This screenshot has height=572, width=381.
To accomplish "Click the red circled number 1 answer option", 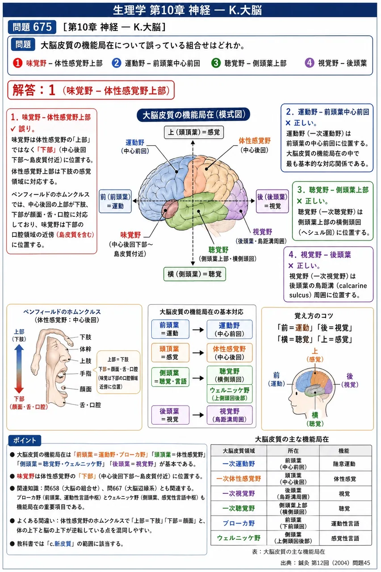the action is coord(17,63).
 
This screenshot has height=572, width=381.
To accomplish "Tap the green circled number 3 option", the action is coord(216,63).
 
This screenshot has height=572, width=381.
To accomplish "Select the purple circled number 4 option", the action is coord(310,63).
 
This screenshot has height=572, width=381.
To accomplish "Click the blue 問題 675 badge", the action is coord(32,27).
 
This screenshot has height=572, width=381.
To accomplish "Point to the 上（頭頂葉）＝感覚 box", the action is coord(194,132).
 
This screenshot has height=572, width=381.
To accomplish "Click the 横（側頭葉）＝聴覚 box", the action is coord(194,274).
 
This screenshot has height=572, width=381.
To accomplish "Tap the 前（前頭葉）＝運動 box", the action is coord(115,201).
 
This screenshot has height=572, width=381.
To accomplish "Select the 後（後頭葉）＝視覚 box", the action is coord(272,201).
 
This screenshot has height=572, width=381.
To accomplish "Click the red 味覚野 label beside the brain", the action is coord(131,235).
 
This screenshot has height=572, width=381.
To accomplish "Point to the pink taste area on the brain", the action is coord(170,209).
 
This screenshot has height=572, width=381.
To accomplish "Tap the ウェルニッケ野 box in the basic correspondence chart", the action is coord(230,394).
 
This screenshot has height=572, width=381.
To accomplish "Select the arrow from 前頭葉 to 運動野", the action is coord(198,330).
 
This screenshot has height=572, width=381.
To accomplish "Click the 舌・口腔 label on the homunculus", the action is coord(90,405).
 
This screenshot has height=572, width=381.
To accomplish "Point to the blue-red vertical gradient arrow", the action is coord(19,369).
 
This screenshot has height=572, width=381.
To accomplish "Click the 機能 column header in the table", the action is coord(344,451).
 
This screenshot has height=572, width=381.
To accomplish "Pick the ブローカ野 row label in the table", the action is coord(239,523).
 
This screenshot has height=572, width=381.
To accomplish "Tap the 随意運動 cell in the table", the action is coord(344,464).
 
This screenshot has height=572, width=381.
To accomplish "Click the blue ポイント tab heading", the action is coord(25,440).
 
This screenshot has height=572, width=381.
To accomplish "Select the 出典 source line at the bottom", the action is coord(325,563).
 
